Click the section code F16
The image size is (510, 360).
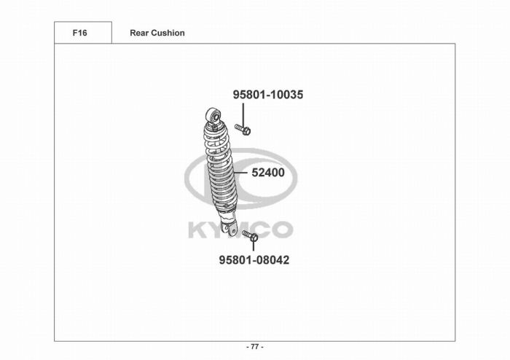pyautogui.click(x=79, y=33)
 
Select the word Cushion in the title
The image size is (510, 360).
pyautogui.click(x=168, y=33)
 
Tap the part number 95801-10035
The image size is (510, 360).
pyautogui.click(x=268, y=95)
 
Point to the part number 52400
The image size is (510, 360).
pyautogui.click(x=268, y=173)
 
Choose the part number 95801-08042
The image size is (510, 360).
pyautogui.click(x=254, y=260)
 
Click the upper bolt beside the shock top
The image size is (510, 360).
pyautogui.click(x=243, y=130)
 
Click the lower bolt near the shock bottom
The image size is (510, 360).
pyautogui.click(x=250, y=235)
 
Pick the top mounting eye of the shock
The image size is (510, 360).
pyautogui.click(x=213, y=115)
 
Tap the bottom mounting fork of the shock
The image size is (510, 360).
pyautogui.click(x=229, y=227)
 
